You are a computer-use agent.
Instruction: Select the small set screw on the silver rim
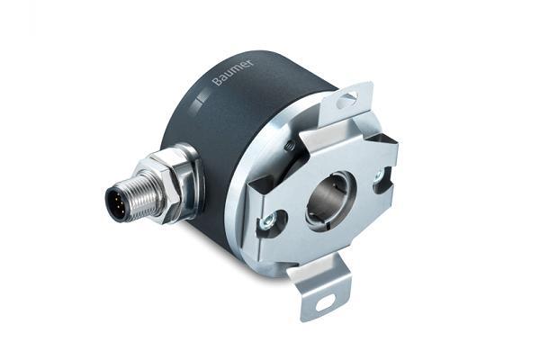(x=288, y=146)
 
